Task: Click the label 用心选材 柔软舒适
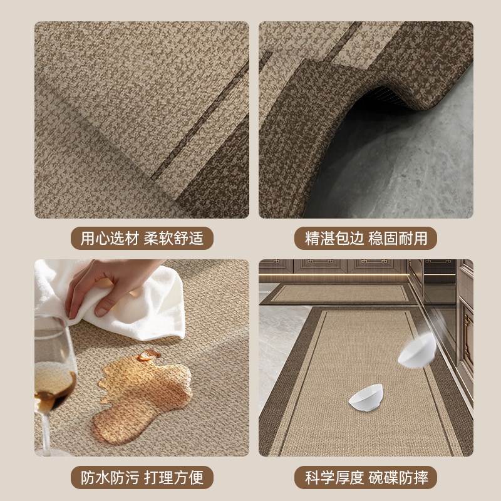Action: coord(142,239)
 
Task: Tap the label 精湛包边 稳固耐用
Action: coord(366,239)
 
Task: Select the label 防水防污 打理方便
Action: coord(142,478)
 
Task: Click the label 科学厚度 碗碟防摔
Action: coord(366,478)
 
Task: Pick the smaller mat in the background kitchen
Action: coord(338,294)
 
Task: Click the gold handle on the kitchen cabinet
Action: coord(467,338)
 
